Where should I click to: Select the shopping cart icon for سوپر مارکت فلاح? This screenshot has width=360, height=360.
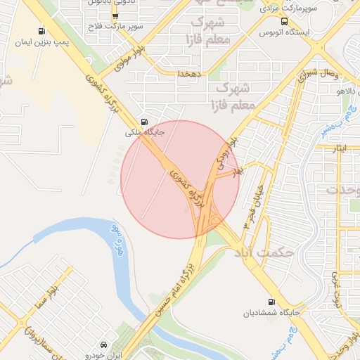[115, 15]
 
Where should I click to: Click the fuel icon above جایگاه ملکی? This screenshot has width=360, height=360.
[144, 120]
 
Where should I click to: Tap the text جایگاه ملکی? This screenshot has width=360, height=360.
[143, 131]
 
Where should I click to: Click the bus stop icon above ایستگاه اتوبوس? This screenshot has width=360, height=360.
[284, 22]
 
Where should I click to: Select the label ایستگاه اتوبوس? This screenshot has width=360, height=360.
[283, 32]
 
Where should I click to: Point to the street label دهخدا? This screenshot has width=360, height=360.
[190, 73]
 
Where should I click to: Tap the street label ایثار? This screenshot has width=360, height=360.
[339, 149]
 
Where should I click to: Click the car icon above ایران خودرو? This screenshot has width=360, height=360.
[104, 345]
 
